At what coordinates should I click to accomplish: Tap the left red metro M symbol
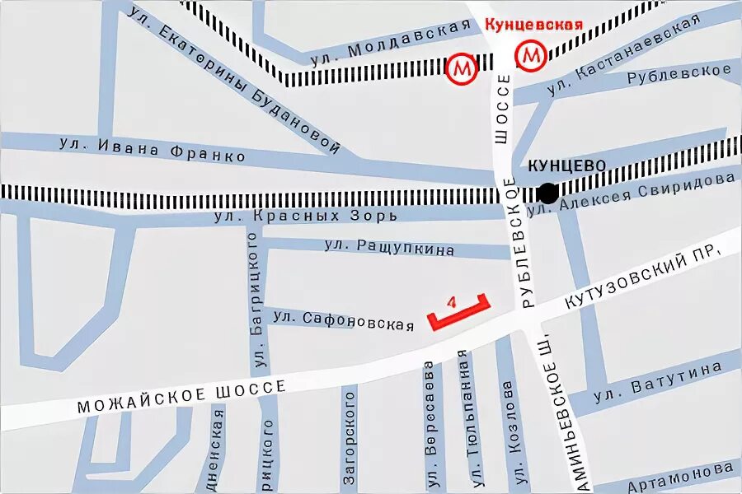pos(463,68)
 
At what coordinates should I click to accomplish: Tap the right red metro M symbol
pos(531,56)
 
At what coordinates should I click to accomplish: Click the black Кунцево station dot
pos(547,193)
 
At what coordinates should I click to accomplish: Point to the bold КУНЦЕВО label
pos(566,165)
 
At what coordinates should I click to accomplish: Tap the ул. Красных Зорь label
pos(305,216)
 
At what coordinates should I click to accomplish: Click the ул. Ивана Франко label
pos(153,149)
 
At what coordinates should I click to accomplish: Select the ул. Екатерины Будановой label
pos(235,77)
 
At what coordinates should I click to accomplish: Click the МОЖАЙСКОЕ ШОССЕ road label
pos(181,396)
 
